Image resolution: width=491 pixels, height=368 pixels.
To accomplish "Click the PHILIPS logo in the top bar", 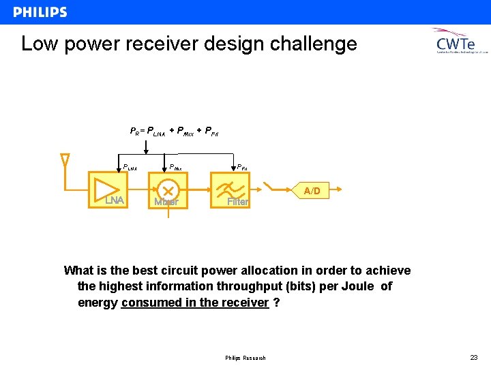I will tap(40, 12).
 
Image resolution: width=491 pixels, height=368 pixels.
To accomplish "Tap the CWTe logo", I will tap(462, 42).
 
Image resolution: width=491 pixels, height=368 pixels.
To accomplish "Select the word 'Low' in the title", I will tap(37, 44).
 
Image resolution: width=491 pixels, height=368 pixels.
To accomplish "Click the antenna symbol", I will tap(65, 161).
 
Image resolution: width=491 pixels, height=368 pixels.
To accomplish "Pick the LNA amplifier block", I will tap(108, 189).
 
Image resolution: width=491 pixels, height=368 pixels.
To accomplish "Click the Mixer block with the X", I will tap(168, 189).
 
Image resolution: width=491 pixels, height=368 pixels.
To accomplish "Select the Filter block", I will tap(230, 189).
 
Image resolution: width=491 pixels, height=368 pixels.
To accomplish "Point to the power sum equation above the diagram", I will tap(174, 131).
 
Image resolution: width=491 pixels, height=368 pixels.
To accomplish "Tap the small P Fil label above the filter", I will tap(241, 166).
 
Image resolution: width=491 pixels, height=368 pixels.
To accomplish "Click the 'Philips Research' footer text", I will tap(245, 358).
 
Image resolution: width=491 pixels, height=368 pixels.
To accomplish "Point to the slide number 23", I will tap(473, 358).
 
